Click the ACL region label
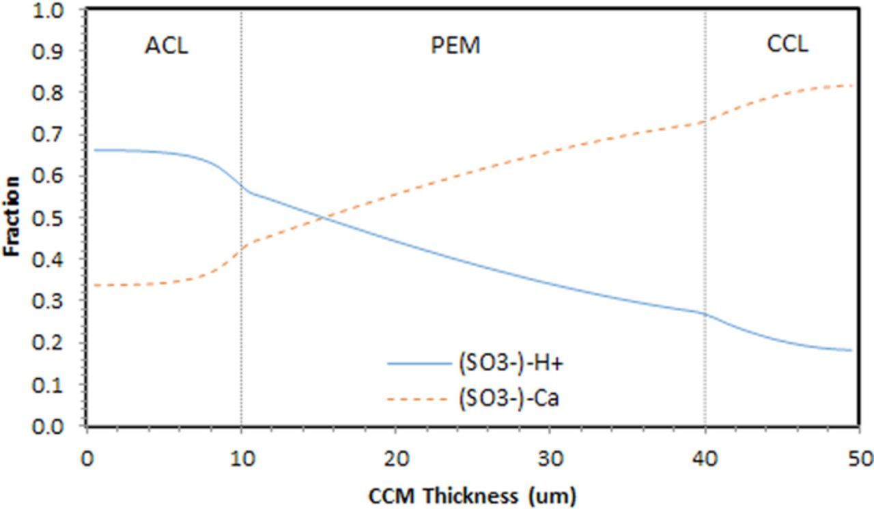166,46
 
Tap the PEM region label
455,46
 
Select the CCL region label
787,44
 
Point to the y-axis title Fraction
12,217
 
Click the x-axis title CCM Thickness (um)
473,496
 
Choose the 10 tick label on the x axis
241,459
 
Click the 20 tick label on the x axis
396,459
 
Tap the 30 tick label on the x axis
550,459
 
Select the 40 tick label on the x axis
705,459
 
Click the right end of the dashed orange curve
853,85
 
